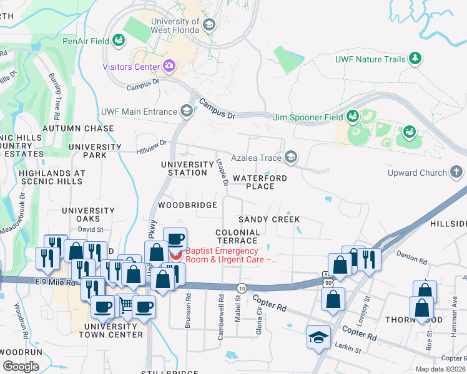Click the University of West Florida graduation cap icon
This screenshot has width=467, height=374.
[209, 26]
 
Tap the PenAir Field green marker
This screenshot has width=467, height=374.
[118, 41]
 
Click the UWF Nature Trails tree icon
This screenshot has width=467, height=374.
[415, 59]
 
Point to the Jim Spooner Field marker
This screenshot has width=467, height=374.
[353, 117]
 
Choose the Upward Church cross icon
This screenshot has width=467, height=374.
[456, 172]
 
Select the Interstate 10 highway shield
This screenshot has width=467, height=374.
[241, 287]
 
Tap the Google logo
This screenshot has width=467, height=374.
[21, 367]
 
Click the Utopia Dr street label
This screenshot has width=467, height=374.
[221, 171]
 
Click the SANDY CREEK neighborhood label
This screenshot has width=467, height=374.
[269, 219]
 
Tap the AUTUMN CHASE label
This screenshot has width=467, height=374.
[78, 128]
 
